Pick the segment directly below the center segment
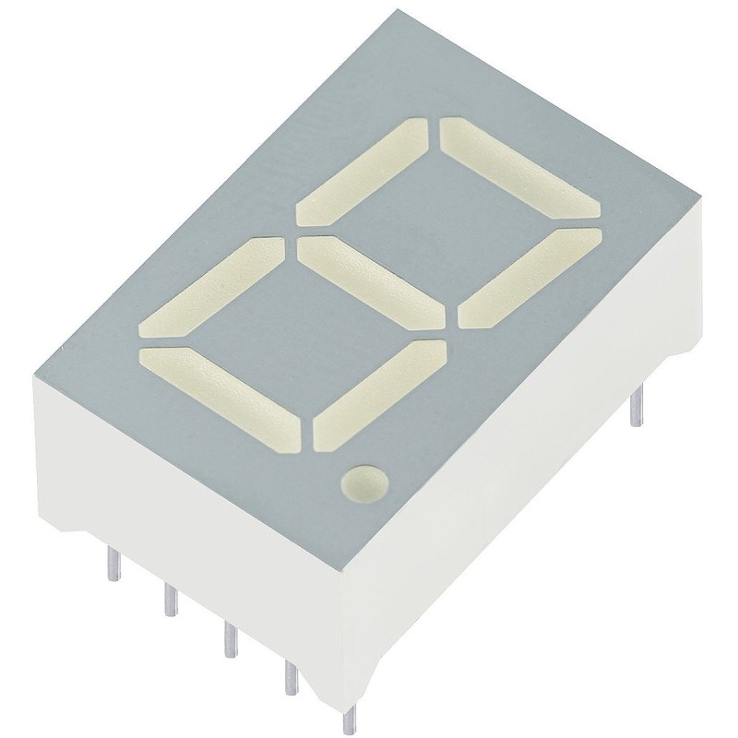click(378, 393)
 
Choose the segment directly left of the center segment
click(213, 287)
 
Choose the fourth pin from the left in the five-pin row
click(292, 678)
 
